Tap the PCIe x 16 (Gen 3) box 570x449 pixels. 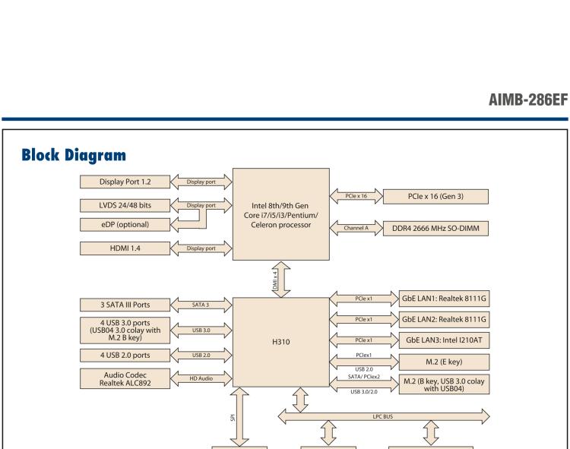(436, 197)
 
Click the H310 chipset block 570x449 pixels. (280, 341)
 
